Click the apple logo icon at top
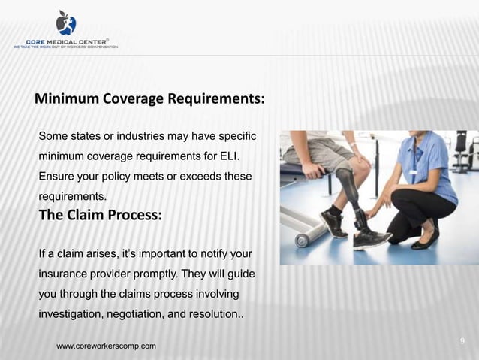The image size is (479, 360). tap(65, 23)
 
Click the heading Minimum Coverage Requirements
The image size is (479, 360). tap(149, 100)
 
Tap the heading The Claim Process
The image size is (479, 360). tap(99, 215)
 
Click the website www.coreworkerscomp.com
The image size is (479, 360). tap(107, 346)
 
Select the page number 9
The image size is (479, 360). tap(462, 341)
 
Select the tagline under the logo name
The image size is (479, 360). tap(65, 47)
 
